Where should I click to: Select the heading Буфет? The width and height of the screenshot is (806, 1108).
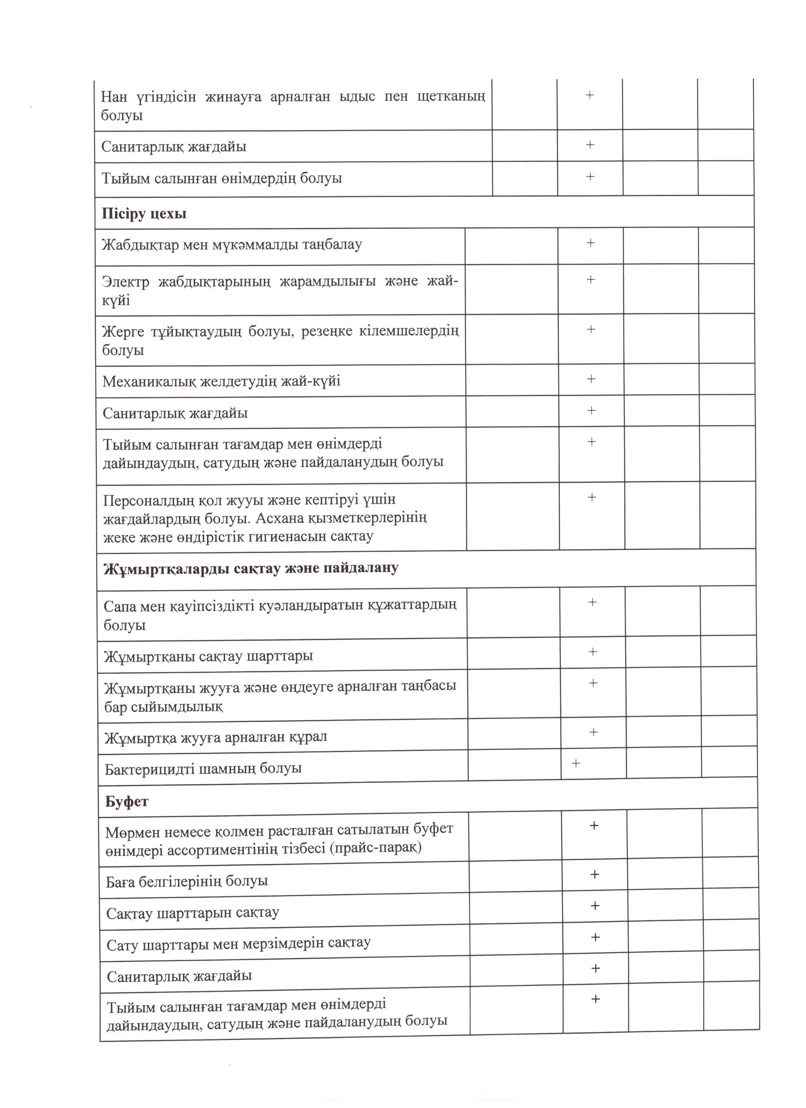tap(127, 801)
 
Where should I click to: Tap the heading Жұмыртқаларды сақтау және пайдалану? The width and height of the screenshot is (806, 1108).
tap(251, 568)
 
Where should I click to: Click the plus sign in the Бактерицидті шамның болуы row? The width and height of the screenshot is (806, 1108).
tap(576, 763)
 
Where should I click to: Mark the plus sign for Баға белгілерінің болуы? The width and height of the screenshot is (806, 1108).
tap(594, 874)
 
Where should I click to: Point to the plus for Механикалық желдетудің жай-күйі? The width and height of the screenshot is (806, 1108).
tap(591, 379)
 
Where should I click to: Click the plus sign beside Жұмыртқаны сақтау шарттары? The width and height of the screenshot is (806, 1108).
tap(592, 652)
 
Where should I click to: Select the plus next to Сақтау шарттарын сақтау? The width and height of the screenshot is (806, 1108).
tap(595, 905)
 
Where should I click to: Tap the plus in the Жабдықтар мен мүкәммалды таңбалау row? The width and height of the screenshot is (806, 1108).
tap(591, 243)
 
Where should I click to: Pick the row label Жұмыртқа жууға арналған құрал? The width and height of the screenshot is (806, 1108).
tap(215, 737)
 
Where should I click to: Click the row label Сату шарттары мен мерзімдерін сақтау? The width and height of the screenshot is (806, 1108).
tap(238, 943)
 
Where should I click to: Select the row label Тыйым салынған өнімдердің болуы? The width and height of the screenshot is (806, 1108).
tap(221, 178)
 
